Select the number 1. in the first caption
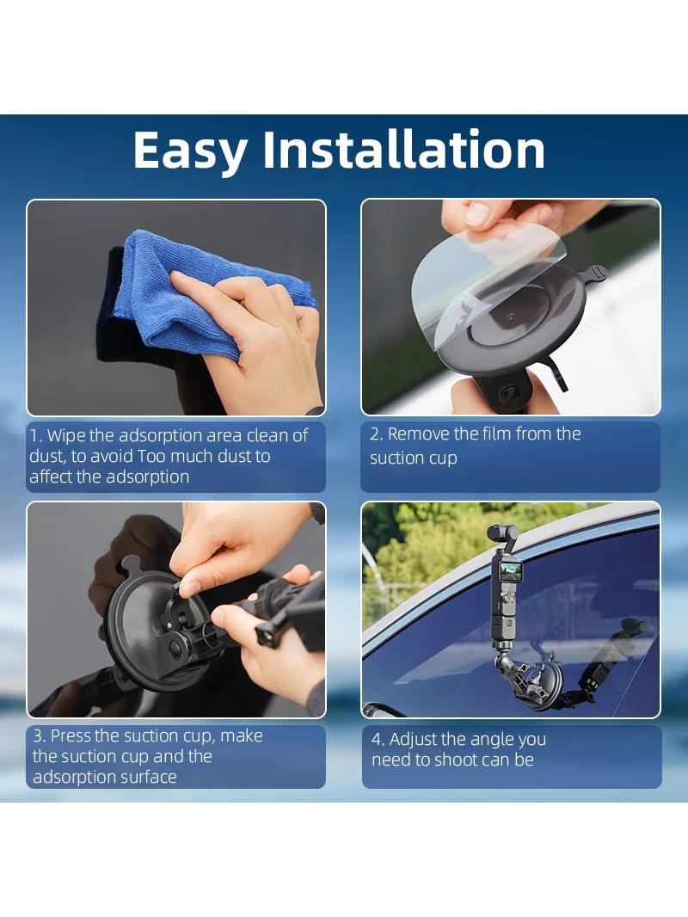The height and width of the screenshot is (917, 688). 36,435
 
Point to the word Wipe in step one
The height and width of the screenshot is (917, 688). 66,435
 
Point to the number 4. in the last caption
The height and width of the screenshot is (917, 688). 378,740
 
